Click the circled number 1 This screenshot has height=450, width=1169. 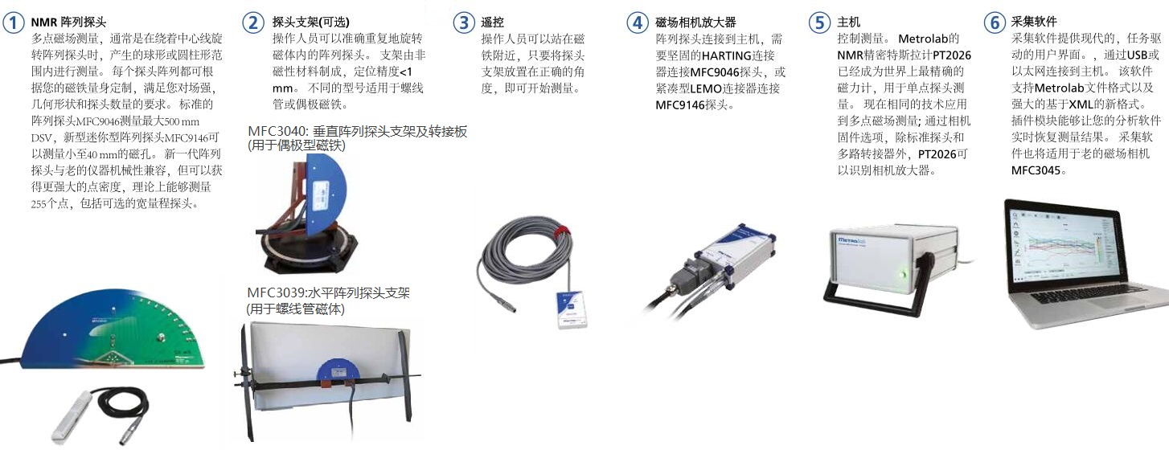[x=14, y=22]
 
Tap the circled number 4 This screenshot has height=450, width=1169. [x=638, y=22]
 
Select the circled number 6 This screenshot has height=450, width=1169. [x=995, y=22]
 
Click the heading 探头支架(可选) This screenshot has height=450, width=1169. [x=310, y=22]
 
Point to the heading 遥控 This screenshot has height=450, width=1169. [x=492, y=22]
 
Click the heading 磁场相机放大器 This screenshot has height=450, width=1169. [x=695, y=22]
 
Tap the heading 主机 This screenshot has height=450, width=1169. [x=848, y=22]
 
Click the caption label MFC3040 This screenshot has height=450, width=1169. [x=277, y=132]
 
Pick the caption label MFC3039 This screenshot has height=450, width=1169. [x=276, y=293]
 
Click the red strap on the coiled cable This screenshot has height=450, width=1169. [x=560, y=229]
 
